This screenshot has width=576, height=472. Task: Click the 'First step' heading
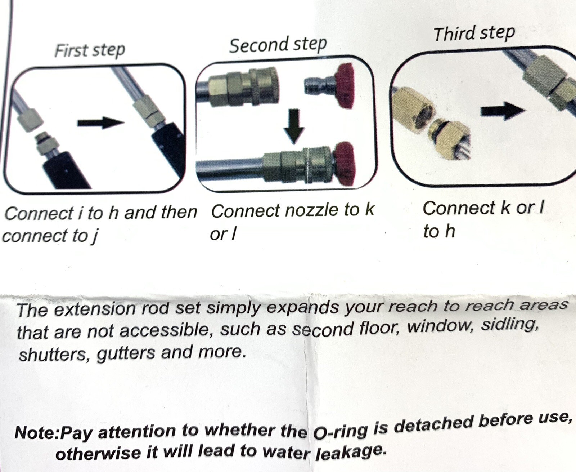(x=90, y=50)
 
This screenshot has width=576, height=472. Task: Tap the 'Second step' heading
(x=278, y=45)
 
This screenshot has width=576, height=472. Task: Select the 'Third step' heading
(x=474, y=34)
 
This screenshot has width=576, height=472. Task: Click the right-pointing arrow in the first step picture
(x=101, y=123)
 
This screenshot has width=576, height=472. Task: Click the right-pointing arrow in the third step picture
(x=503, y=111)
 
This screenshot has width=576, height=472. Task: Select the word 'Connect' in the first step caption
(x=39, y=213)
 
